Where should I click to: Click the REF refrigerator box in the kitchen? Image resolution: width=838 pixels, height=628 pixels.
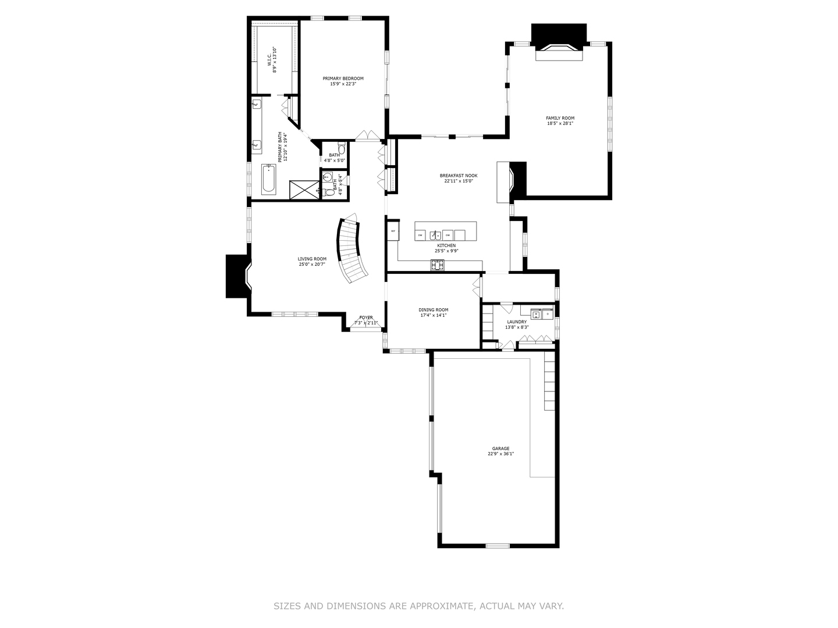(x=393, y=231)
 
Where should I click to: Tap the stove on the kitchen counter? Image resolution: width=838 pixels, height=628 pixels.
(x=437, y=265)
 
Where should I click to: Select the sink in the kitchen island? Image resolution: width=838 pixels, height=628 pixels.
(x=434, y=235)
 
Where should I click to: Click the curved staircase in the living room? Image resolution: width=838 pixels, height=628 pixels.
(x=353, y=248)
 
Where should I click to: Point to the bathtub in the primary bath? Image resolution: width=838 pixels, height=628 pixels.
(x=268, y=179)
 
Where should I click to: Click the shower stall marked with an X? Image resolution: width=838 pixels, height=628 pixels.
(x=304, y=190)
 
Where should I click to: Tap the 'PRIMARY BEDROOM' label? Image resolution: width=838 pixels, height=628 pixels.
(x=343, y=78)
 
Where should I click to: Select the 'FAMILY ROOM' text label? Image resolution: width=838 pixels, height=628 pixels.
(x=560, y=118)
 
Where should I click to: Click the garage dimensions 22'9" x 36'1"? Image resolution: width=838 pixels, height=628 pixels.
(x=500, y=454)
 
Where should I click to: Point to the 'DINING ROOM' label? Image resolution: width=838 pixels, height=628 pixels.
(x=434, y=310)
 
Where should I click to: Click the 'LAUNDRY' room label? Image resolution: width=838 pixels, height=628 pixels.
(x=517, y=322)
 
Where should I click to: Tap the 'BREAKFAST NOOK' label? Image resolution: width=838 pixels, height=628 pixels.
(x=459, y=175)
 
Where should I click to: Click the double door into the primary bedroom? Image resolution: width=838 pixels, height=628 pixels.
(x=367, y=137)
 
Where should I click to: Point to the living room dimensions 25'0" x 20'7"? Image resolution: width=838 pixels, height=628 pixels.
(x=312, y=264)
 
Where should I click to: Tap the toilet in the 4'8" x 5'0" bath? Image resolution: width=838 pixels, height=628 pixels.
(x=342, y=148)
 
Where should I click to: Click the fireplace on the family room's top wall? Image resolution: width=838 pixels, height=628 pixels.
(x=559, y=51)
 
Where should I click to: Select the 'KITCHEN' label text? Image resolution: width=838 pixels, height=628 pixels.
(x=446, y=245)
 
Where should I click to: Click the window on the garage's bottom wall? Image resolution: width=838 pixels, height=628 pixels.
(x=498, y=545)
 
